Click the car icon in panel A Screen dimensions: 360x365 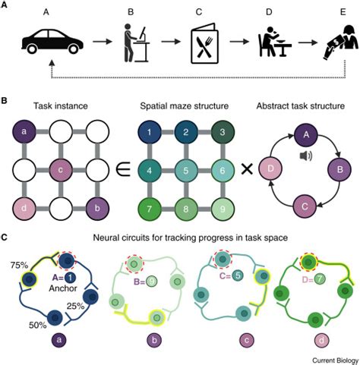point(52,41)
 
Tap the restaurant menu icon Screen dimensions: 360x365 point(205,43)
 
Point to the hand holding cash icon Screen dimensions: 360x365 point(341,42)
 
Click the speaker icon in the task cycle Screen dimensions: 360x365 point(306,156)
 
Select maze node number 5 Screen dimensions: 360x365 point(186,171)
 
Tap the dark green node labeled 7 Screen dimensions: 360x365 point(149,209)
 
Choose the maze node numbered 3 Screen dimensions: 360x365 point(223,132)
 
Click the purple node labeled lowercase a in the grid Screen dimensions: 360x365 point(24,132)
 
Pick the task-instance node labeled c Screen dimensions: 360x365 point(61,170)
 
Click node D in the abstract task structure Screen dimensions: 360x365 point(270,168)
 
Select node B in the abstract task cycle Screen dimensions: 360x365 point(339,169)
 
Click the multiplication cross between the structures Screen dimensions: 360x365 point(247,169)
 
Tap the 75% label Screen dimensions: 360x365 point(19,265)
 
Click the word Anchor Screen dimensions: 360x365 point(63,288)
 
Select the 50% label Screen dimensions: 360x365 point(38,325)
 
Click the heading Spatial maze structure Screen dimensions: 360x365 point(185,105)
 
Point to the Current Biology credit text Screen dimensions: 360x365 point(335,360)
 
